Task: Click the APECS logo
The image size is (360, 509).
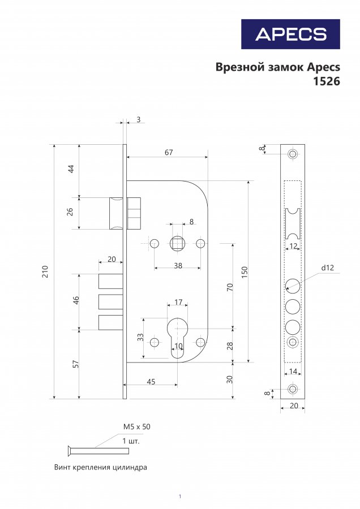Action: pyautogui.click(x=290, y=34)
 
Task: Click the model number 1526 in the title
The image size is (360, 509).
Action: pyautogui.click(x=326, y=81)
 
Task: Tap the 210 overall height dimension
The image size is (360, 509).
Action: pyautogui.click(x=45, y=271)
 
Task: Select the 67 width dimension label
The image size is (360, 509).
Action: pyautogui.click(x=169, y=152)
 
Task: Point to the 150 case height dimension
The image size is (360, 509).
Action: pyautogui.click(x=245, y=271)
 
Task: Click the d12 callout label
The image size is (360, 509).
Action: pyautogui.click(x=327, y=268)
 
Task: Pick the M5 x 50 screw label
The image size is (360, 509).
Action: pyautogui.click(x=137, y=426)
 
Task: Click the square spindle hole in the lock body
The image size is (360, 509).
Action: pyautogui.click(x=177, y=243)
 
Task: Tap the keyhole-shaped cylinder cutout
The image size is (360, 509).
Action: pyautogui.click(x=177, y=338)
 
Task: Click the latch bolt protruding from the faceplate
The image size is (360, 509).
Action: pyautogui.click(x=115, y=213)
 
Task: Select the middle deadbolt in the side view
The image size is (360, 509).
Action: pyautogui.click(x=111, y=302)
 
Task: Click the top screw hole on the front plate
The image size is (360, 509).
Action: pyautogui.click(x=293, y=154)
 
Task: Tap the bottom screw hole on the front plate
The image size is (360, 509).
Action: pyautogui.click(x=293, y=389)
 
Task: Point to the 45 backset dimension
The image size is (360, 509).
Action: pyautogui.click(x=151, y=382)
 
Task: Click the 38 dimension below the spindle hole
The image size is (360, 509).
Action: pyautogui.click(x=178, y=266)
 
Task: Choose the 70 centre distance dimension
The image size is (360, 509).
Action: pyautogui.click(x=230, y=287)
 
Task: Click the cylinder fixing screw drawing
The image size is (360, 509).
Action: pyautogui.click(x=98, y=451)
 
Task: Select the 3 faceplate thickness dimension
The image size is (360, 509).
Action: pyautogui.click(x=139, y=119)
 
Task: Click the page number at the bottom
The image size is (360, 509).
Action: pyautogui.click(x=179, y=497)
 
